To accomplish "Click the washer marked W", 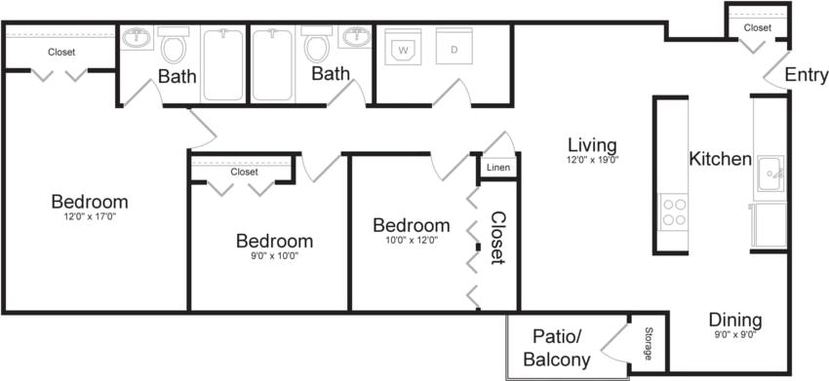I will pos(402,48).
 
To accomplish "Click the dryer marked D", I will pos(453,48).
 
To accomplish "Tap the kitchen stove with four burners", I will pos(674,211).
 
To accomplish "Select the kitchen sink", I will pos(770,175).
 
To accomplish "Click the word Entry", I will pos(807,75).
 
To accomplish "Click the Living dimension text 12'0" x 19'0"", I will pos(593,159).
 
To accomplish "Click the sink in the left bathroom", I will pos(136,40).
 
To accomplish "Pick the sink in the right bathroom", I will pos(354,40).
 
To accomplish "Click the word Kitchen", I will pos(720,159).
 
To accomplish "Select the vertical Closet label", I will pos(497,238).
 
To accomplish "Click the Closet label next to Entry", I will pos(757,28).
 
